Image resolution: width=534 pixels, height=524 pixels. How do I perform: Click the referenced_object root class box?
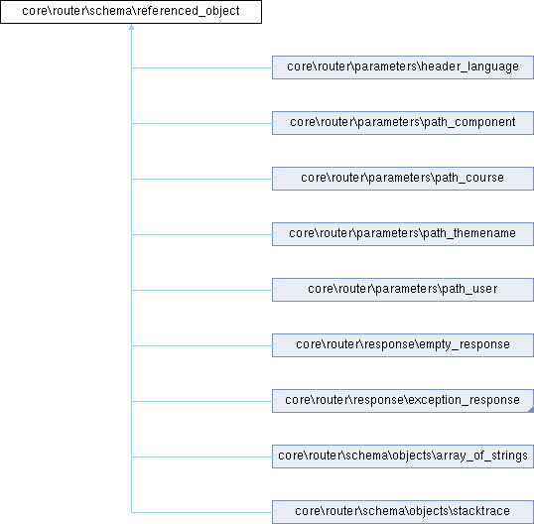131,12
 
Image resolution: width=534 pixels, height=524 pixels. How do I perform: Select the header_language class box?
403,67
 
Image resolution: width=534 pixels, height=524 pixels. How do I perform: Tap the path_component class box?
403,123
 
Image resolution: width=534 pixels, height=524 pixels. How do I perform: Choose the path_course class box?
403,179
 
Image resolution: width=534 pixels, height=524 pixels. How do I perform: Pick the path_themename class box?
403,234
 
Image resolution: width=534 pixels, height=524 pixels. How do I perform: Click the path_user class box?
403,290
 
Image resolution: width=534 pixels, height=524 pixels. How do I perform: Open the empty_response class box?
403,345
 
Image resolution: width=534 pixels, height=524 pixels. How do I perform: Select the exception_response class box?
403,401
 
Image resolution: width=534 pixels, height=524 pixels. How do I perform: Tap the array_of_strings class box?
403,457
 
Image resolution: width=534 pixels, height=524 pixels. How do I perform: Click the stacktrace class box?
403,512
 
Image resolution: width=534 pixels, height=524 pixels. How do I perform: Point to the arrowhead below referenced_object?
131,27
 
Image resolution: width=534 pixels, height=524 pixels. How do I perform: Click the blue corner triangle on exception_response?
531,410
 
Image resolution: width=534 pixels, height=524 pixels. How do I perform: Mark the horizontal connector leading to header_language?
201,67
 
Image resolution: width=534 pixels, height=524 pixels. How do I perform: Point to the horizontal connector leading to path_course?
201,179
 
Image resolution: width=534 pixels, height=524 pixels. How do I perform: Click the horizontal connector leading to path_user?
201,290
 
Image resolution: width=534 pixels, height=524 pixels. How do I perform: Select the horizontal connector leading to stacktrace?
201,512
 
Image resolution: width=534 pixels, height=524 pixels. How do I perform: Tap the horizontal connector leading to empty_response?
201,345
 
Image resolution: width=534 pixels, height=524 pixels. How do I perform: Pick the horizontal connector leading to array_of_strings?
201,457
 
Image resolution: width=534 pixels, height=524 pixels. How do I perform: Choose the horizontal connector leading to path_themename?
201,234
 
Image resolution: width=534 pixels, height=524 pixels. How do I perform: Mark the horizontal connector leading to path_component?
201,124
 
